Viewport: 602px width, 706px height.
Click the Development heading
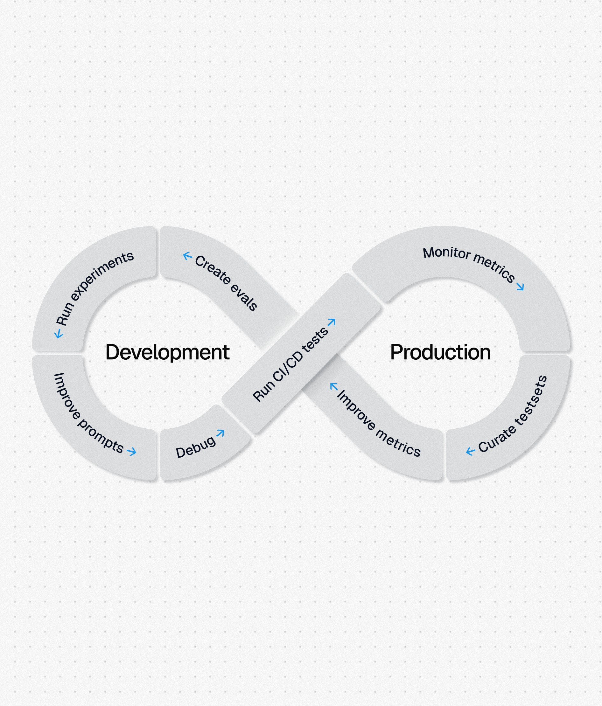click(x=167, y=352)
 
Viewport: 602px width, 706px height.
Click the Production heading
click(x=440, y=352)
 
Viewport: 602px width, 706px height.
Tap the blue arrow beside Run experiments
click(x=59, y=333)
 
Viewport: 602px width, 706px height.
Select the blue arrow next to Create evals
click(x=187, y=256)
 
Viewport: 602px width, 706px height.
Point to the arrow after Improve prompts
click(x=132, y=452)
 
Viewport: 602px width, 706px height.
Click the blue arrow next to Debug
click(x=220, y=433)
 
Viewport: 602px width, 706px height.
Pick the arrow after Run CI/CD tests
click(x=332, y=322)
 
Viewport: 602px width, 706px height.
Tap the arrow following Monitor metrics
click(x=520, y=287)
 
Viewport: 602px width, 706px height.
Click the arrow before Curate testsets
click(x=470, y=452)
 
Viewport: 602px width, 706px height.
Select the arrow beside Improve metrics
click(x=334, y=386)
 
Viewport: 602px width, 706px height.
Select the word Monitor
click(x=446, y=253)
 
